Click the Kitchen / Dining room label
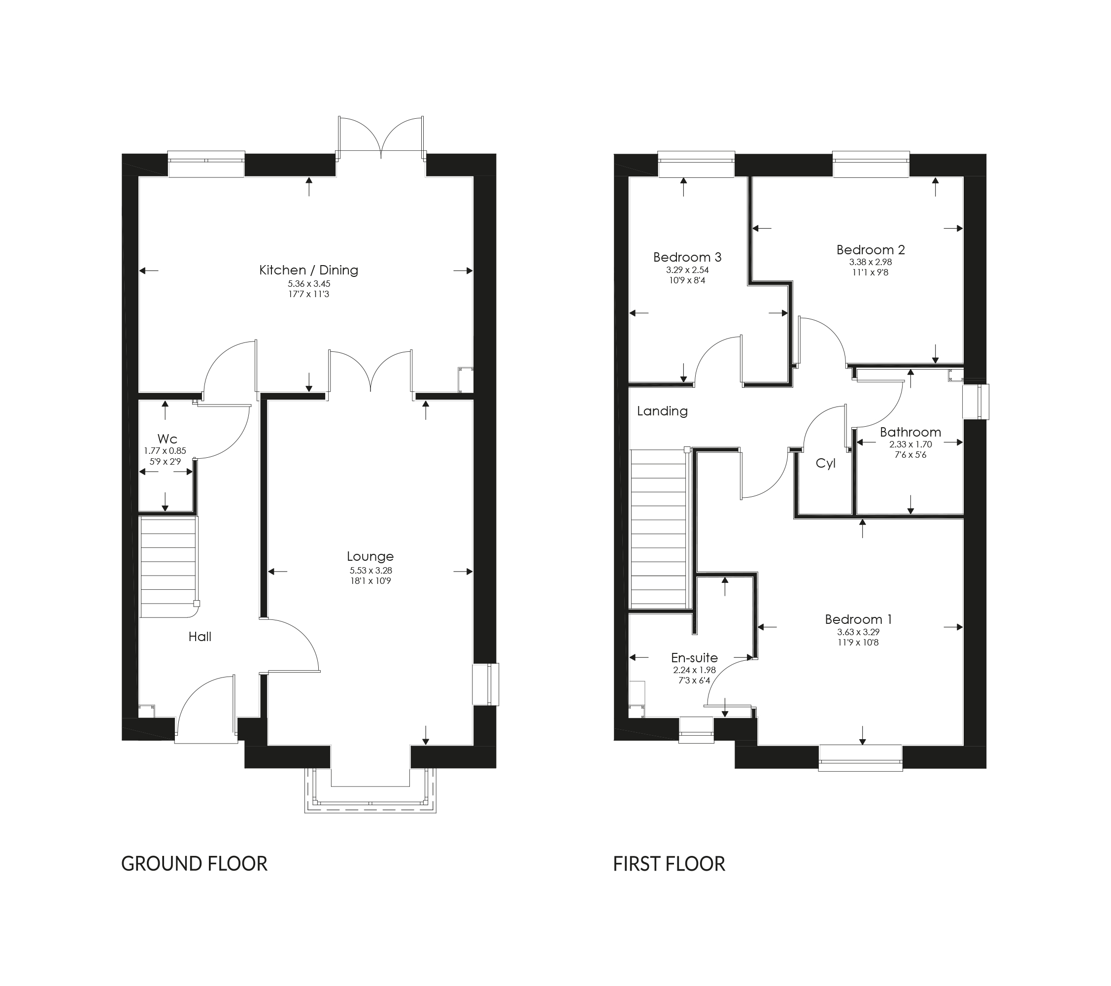pos(308,270)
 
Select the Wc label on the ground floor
pos(167,439)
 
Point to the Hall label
pos(200,637)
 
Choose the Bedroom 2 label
pos(870,250)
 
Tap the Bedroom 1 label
pos(858,619)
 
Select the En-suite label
pos(694,658)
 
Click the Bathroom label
pos(910,432)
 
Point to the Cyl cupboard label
pos(826,464)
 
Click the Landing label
pos(662,411)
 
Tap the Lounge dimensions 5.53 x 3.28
pos(370,570)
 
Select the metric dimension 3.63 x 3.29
pos(858,632)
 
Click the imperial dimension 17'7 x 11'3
pos(309,294)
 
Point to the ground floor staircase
pos(168,567)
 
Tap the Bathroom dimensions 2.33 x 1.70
pos(910,444)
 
